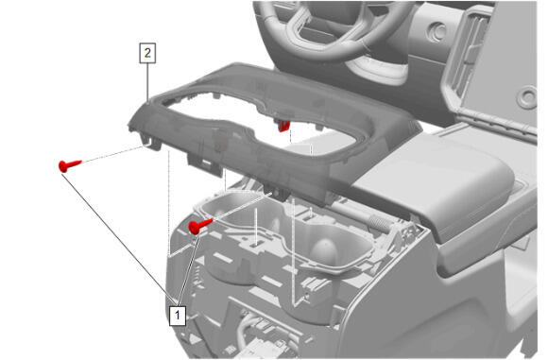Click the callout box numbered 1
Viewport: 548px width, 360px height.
pos(178,316)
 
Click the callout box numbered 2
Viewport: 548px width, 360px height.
pos(147,53)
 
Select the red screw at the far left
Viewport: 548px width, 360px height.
pos(70,165)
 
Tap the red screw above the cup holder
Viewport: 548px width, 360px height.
pos(199,226)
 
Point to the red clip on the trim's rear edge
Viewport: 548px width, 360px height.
pos(283,126)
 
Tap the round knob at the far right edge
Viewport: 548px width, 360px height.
pos(527,96)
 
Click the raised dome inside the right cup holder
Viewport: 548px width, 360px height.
pos(324,251)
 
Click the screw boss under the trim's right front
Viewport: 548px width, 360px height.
pos(279,193)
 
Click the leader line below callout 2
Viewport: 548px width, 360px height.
pos(147,83)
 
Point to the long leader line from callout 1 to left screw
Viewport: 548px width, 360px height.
pos(118,239)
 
